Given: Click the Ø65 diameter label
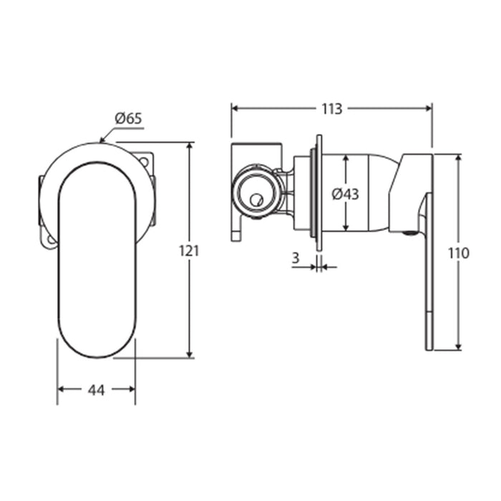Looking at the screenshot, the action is pyautogui.click(x=128, y=119).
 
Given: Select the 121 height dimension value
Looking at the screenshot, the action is pyautogui.click(x=189, y=250).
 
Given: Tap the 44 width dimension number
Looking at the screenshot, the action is pyautogui.click(x=96, y=390).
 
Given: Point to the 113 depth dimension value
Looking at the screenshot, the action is pyautogui.click(x=331, y=109).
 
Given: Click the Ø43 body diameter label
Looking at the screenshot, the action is pyautogui.click(x=345, y=194).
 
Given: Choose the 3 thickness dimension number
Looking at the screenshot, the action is pyautogui.click(x=296, y=258).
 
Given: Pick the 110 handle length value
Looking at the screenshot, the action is pyautogui.click(x=458, y=253).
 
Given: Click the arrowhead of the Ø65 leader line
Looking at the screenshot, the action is pyautogui.click(x=102, y=140).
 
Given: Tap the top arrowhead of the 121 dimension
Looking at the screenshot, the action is pyautogui.click(x=190, y=146).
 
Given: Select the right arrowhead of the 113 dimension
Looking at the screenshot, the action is pyautogui.click(x=428, y=108).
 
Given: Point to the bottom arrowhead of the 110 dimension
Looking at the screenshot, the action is pyautogui.click(x=459, y=346).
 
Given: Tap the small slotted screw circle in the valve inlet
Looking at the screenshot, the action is pyautogui.click(x=256, y=200).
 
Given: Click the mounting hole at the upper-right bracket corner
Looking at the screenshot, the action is pyautogui.click(x=144, y=161).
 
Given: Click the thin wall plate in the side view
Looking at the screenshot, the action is pyautogui.click(x=319, y=193).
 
